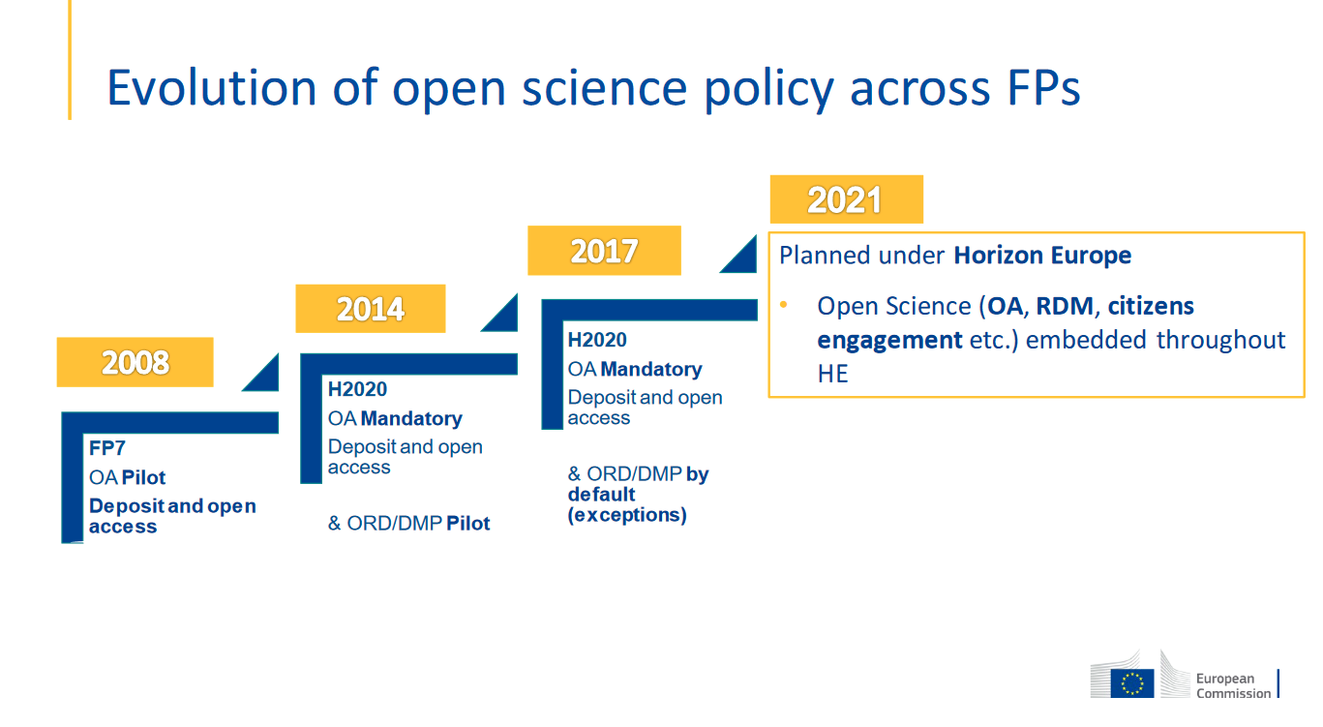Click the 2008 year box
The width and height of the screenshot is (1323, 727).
pos(135,362)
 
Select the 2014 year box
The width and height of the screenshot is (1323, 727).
pos(371,308)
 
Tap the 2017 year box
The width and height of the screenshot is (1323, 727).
pos(604,251)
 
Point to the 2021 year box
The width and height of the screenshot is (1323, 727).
pos(847,199)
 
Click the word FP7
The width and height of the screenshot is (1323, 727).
pos(106,448)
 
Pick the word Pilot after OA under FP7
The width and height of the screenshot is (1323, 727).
pos(143,477)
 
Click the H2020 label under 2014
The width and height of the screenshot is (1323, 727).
pos(357,389)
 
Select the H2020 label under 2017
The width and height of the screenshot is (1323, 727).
pos(597,340)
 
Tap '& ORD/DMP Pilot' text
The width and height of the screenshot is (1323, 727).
pos(408,524)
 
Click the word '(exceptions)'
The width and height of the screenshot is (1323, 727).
pos(627,515)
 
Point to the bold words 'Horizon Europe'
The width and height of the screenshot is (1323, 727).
pos(1042,256)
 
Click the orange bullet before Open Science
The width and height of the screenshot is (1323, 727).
pos(784,305)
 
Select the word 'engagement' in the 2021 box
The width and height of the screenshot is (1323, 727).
pos(889,340)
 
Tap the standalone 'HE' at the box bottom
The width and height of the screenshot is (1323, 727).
pos(832,374)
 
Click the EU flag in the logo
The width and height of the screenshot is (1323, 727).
pos(1131,683)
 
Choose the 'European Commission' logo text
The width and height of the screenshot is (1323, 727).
pos(1233,685)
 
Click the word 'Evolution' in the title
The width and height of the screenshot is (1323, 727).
pos(211,88)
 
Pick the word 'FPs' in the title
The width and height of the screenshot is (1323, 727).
pos(1043,88)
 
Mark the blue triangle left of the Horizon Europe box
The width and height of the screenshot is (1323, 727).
pos(741,257)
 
